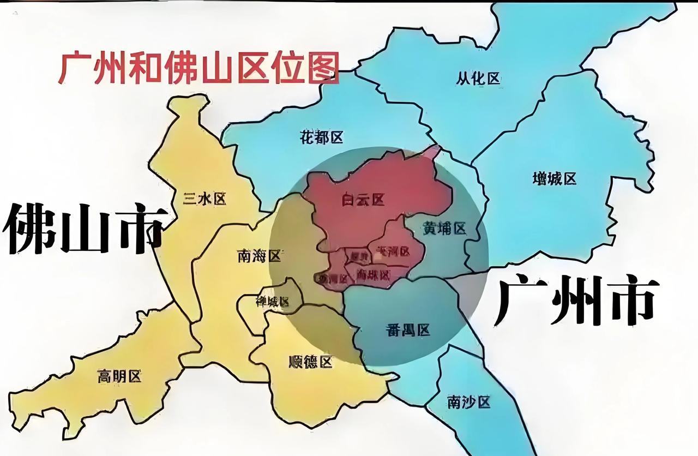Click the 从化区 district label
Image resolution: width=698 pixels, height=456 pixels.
click(478, 79)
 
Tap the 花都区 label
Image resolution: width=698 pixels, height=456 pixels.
click(322, 137)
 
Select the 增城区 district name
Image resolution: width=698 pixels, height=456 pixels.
click(554, 178)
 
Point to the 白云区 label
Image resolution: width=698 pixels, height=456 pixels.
click(363, 200)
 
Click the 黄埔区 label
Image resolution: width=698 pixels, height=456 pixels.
click(444, 229)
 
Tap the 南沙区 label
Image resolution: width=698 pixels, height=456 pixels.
click(468, 403)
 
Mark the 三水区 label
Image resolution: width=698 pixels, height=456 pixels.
click(204, 199)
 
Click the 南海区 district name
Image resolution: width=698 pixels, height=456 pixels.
click(259, 255)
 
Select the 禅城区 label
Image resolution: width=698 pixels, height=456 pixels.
click(272, 301)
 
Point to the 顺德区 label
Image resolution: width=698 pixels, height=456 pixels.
click(310, 361)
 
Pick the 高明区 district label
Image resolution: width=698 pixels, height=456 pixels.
click(119, 376)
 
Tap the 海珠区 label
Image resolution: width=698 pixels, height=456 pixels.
click(374, 274)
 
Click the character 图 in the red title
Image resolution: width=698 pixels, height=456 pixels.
click(323, 68)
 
